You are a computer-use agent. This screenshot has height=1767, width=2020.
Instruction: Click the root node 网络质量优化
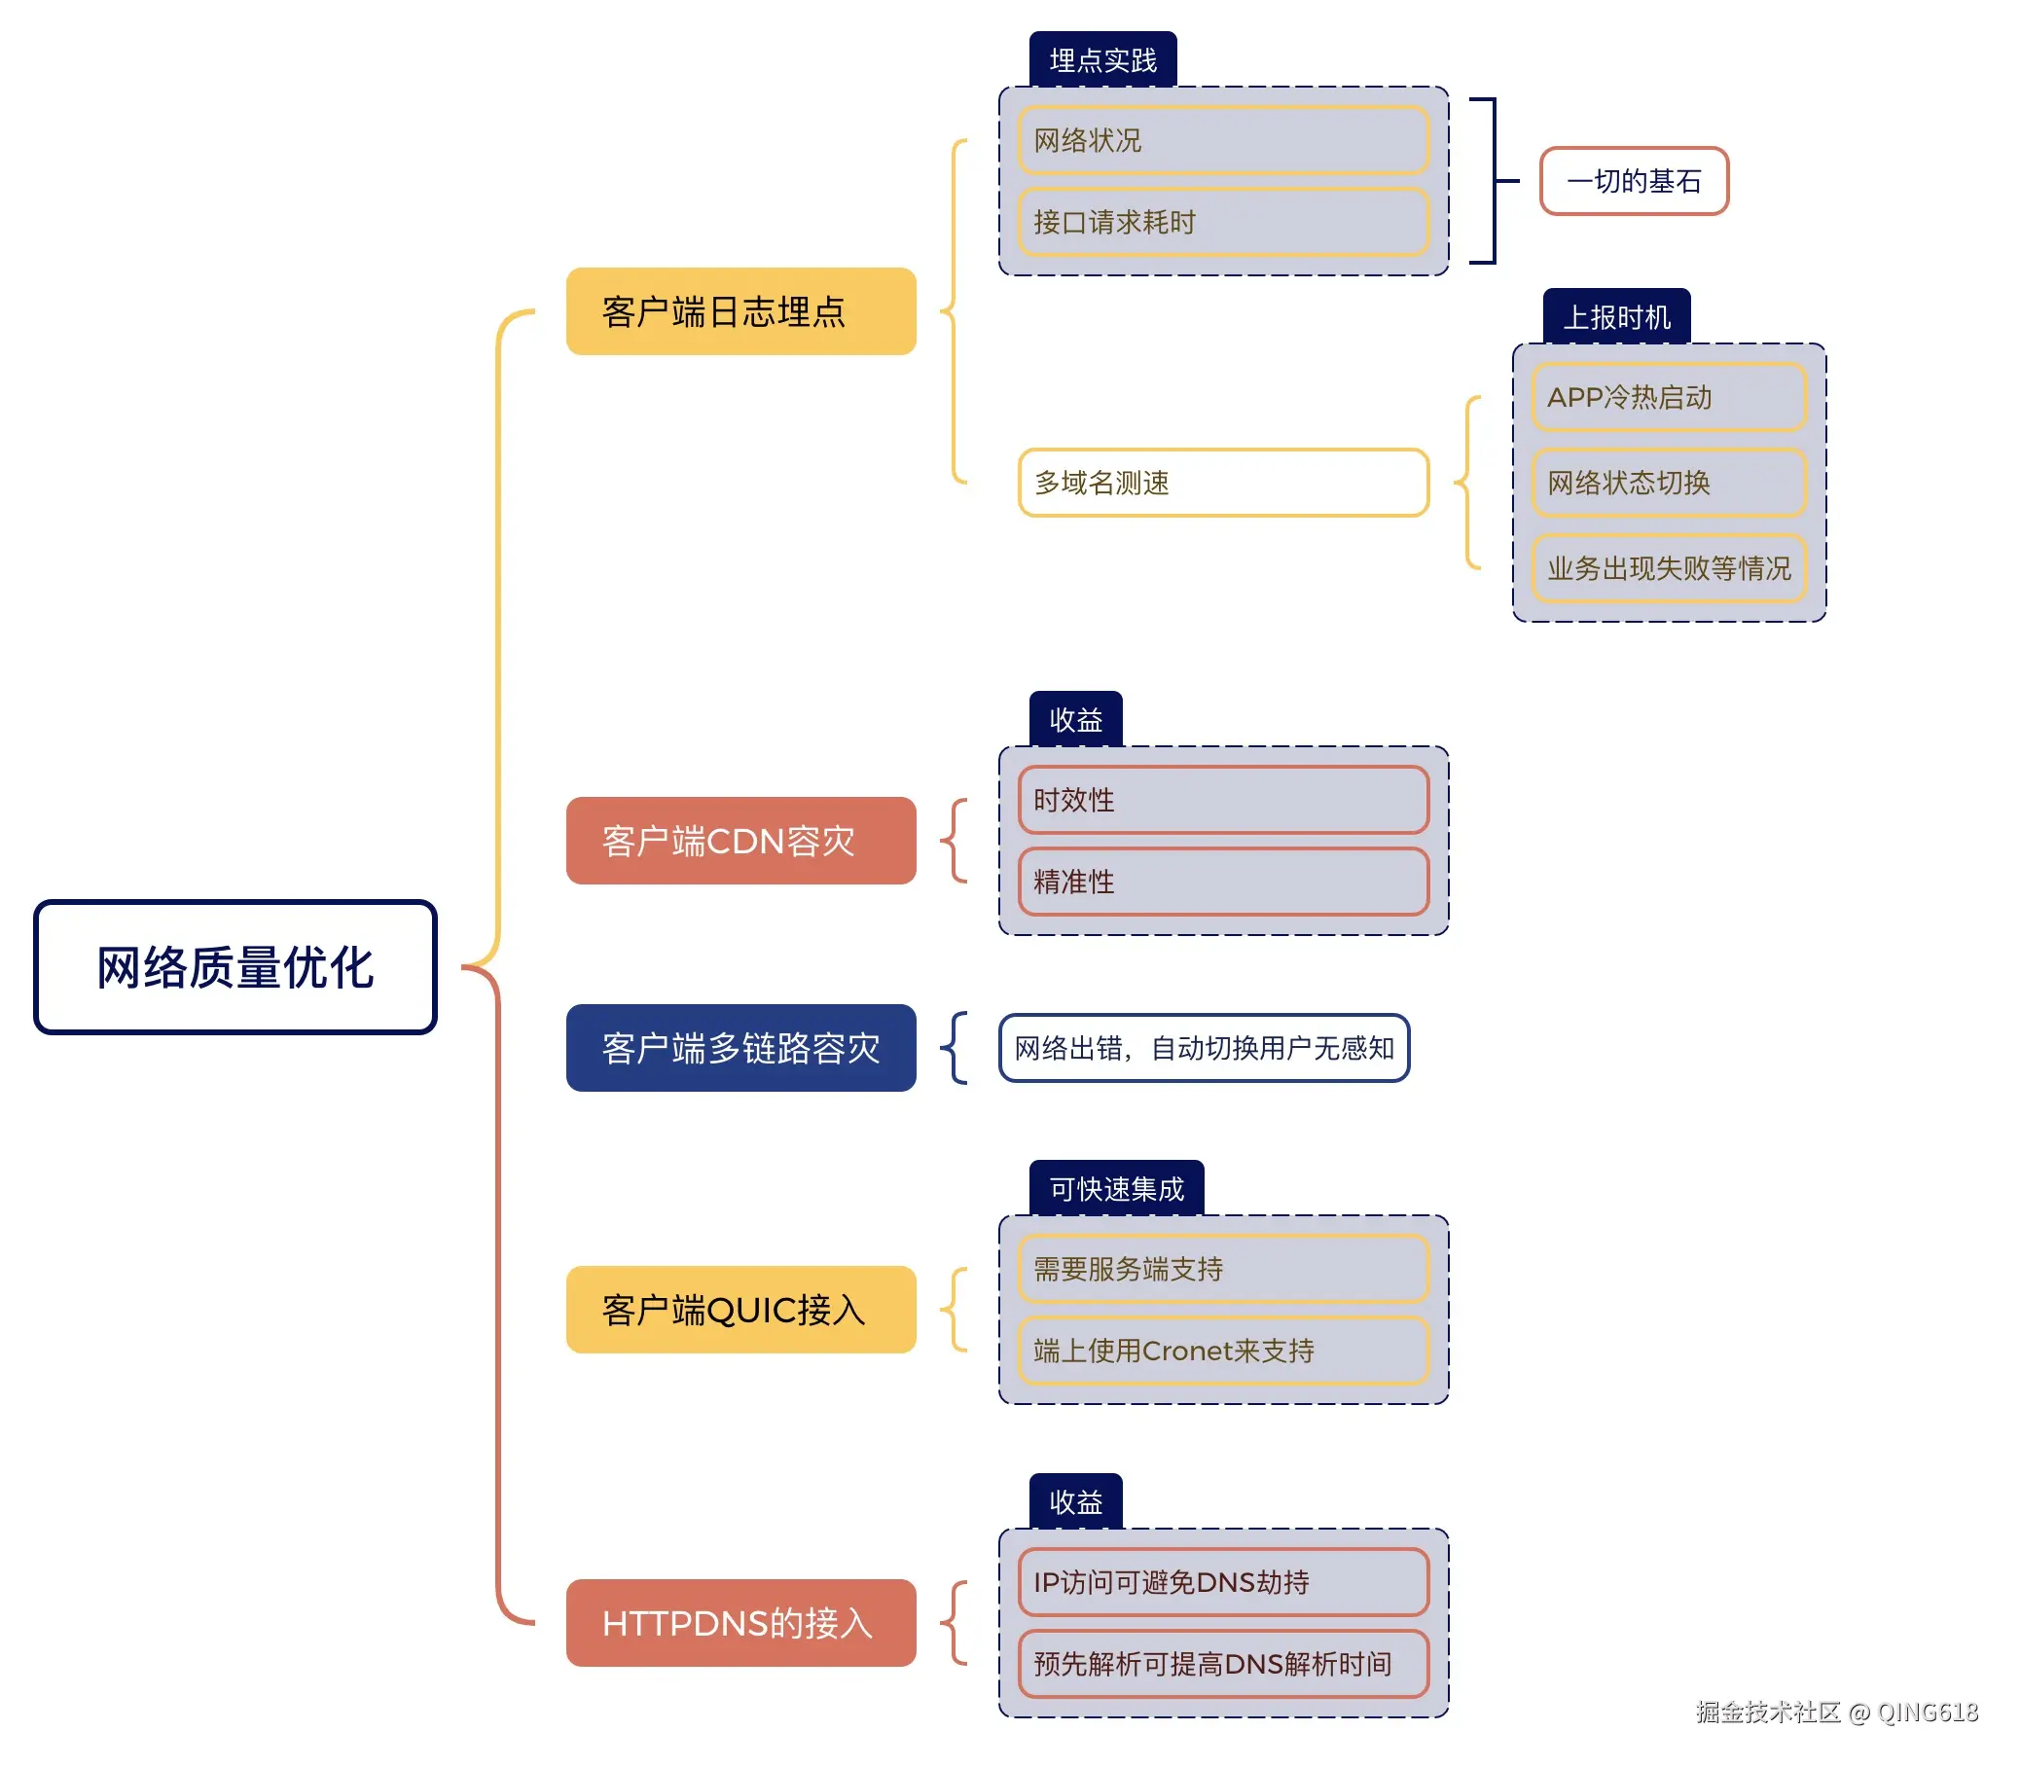tap(234, 966)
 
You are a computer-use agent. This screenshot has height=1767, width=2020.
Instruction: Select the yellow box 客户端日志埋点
tap(740, 310)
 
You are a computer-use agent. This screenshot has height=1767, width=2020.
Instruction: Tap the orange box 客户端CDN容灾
tap(740, 840)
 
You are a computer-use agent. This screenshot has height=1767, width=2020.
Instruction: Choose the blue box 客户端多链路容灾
tap(740, 1047)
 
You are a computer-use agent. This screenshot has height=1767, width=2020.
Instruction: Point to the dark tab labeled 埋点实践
tap(1102, 60)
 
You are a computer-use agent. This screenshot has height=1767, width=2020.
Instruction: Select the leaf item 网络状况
tap(1222, 140)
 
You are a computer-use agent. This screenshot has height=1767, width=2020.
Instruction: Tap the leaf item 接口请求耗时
tap(1222, 222)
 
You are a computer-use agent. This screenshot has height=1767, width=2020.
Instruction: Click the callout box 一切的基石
tap(1633, 180)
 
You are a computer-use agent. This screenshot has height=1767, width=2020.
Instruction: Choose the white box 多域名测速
tap(1222, 483)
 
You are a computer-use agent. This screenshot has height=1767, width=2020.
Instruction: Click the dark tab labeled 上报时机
tap(1616, 316)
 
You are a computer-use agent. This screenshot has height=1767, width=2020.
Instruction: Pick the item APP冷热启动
tap(1668, 396)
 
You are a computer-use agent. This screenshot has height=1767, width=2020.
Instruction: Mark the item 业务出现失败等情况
tap(1668, 568)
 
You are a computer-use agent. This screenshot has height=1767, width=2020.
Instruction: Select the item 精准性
tap(1222, 881)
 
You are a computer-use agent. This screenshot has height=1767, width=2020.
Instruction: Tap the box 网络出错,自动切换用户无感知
tap(1203, 1047)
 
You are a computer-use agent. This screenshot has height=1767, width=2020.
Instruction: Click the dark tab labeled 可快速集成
tap(1116, 1188)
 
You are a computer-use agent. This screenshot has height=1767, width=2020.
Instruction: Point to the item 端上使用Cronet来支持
tap(1222, 1350)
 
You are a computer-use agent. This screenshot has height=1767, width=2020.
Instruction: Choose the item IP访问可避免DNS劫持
tap(1222, 1581)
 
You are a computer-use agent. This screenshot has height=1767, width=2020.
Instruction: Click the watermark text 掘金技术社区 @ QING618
tap(1836, 1712)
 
